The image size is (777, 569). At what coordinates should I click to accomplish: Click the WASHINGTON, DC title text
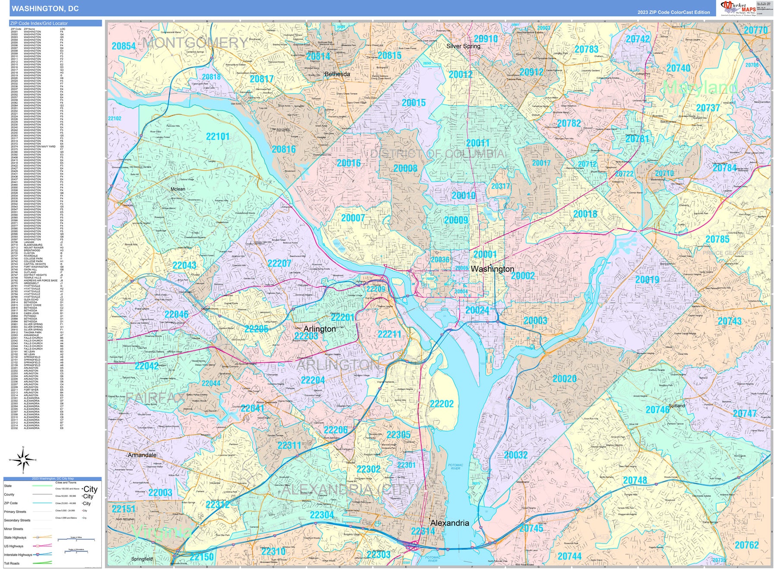tap(45, 8)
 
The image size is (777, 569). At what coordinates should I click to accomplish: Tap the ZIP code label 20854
tap(123, 46)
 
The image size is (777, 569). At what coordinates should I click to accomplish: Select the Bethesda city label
tap(337, 74)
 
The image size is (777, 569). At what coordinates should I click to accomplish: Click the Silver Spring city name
tap(463, 46)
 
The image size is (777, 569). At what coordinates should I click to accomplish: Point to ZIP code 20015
tap(414, 103)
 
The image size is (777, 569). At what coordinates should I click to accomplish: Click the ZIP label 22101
tap(218, 136)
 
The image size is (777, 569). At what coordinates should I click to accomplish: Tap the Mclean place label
tap(178, 189)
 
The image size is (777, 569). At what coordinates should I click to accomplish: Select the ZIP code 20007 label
tap(353, 218)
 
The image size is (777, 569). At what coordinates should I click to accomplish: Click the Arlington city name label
tap(319, 329)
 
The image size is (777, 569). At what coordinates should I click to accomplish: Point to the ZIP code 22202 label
tap(442, 404)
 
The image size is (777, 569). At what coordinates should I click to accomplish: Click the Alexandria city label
tap(449, 523)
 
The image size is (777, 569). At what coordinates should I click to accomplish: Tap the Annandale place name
tap(142, 455)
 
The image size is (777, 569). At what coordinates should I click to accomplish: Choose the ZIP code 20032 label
tap(515, 455)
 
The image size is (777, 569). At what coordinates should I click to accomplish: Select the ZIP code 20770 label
tap(755, 30)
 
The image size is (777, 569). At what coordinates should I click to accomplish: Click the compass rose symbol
tap(23, 460)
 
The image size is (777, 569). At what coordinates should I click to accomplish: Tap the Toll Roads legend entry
tap(12, 563)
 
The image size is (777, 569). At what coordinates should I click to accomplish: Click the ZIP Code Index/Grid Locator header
tap(39, 23)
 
